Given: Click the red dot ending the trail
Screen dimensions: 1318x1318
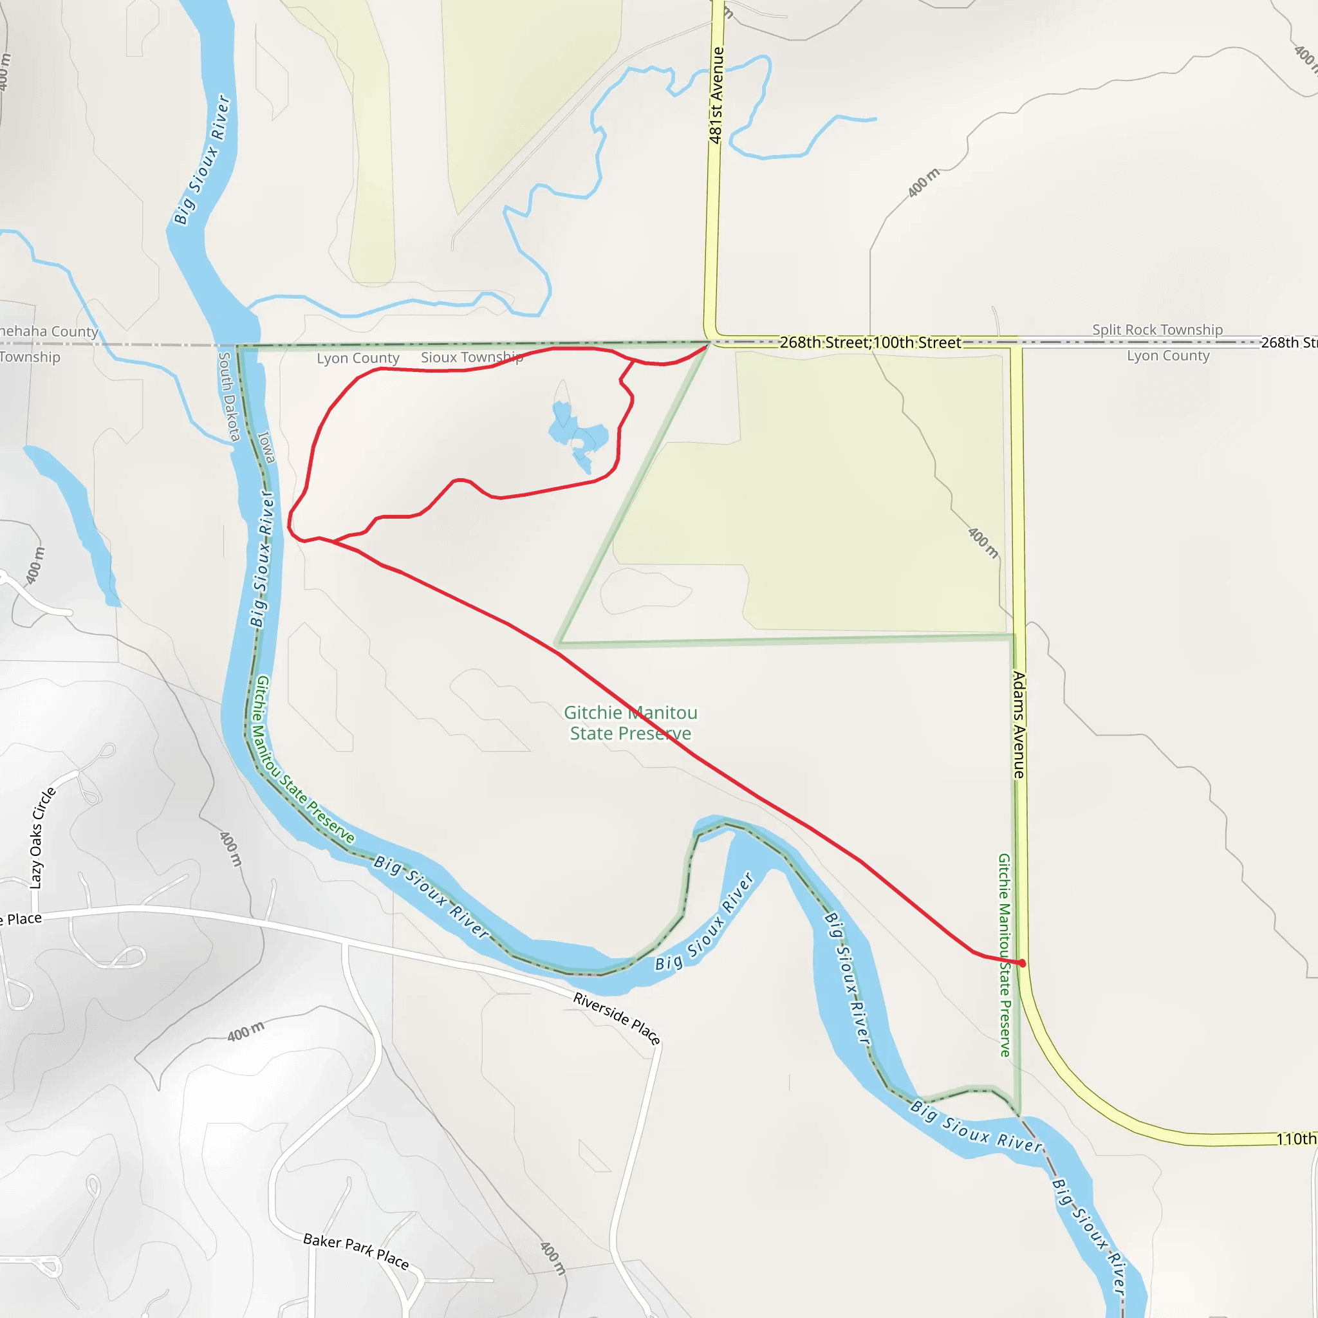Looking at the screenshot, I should tap(1022, 963).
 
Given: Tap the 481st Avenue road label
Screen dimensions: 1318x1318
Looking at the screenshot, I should tap(716, 95).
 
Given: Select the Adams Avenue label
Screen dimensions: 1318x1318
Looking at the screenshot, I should tap(1019, 725).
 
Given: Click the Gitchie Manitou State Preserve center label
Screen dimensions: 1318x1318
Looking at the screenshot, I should tap(630, 723).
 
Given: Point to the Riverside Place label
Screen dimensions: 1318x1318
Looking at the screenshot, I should tap(617, 1019).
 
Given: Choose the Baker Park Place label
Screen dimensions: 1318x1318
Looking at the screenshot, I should tap(356, 1251).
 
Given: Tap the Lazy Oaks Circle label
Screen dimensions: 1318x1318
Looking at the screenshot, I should tap(42, 838).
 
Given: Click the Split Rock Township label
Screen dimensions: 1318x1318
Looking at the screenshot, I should tap(1157, 329).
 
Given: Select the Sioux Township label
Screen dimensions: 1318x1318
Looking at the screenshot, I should tap(471, 357).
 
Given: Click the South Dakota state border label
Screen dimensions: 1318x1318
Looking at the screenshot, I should tap(228, 396).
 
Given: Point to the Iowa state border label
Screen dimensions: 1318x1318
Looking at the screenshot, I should tap(266, 447).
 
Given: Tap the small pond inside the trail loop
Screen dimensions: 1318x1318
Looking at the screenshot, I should tap(577, 434).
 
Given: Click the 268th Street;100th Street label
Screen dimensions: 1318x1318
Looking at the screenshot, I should tap(870, 342).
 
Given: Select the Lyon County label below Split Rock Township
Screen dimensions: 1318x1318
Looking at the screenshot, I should tap(1168, 355).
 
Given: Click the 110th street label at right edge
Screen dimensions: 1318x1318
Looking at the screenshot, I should tap(1295, 1138).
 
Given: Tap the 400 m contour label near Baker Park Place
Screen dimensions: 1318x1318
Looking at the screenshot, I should tap(553, 1258).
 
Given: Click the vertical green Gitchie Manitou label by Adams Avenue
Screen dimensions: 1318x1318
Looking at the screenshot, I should tap(1003, 955).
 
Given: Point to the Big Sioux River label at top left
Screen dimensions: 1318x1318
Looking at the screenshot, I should tap(202, 160).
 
